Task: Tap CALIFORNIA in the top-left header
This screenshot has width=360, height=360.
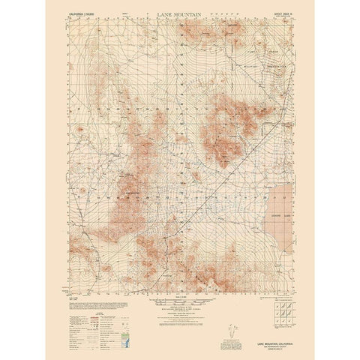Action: click(x=75, y=13)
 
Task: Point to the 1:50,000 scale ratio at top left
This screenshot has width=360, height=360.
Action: click(x=93, y=13)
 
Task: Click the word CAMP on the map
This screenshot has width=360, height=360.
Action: click(x=271, y=49)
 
